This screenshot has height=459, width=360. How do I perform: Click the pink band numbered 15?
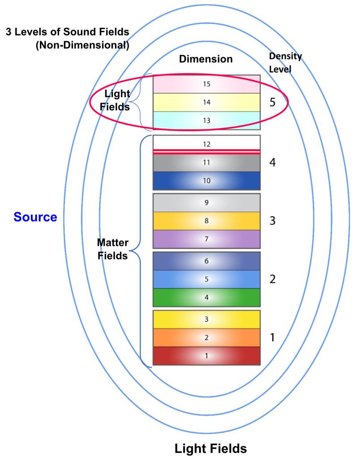coord(206,84)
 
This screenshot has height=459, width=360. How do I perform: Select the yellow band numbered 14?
coord(206,102)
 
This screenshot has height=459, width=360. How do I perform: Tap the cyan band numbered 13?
coord(206,121)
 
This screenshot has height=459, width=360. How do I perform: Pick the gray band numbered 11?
coord(206,163)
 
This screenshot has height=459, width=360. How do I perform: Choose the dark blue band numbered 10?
coord(206,181)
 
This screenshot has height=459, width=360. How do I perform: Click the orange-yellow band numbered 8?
coord(206,221)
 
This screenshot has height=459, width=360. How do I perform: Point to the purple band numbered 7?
coord(206,239)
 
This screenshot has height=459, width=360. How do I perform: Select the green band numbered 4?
coord(206,297)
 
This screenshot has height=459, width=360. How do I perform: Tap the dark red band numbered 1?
coord(206,356)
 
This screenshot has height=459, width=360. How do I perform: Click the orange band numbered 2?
coord(206,338)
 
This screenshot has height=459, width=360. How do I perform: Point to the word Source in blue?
coord(35,217)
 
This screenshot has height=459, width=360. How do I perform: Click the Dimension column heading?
coord(206,59)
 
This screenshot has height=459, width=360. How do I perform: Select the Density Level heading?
coord(285,61)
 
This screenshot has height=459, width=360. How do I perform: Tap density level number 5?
coord(273,103)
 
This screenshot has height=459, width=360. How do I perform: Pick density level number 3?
coord(273,221)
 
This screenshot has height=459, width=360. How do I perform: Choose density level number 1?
coord(273,338)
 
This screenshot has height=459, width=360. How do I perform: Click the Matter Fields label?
coord(113,250)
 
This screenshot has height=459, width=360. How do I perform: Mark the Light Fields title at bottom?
coord(210,448)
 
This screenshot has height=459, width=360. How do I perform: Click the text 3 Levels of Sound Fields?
coord(67,32)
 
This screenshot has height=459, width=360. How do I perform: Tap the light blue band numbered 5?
coord(206,279)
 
